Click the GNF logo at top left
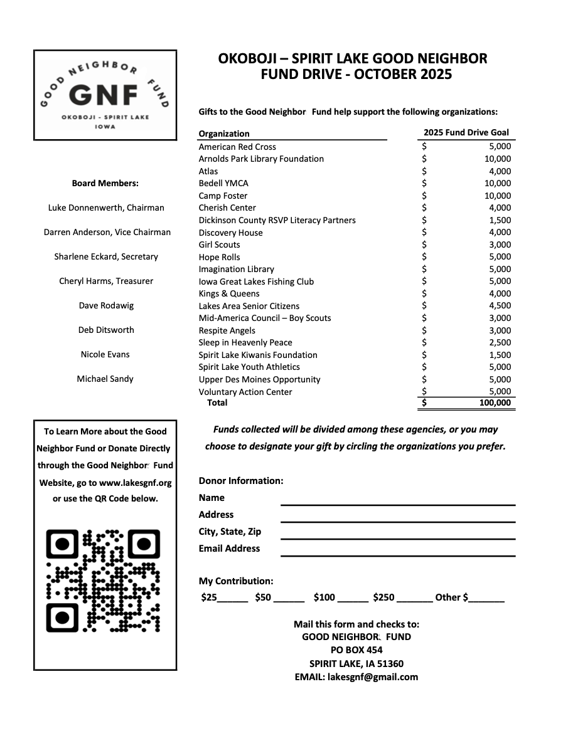[x=105, y=95]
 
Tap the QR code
[x=104, y=580]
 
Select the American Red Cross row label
[x=237, y=147]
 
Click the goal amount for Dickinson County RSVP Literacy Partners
[x=500, y=220]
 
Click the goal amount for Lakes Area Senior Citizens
[x=500, y=306]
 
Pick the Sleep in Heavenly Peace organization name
[x=245, y=342]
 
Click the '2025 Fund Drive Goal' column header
[x=466, y=132]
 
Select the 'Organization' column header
[x=224, y=134]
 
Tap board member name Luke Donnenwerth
[x=106, y=208]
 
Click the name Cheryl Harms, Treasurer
[x=106, y=281]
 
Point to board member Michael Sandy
[x=105, y=379]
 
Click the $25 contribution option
[x=209, y=597]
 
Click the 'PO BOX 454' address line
[x=356, y=650]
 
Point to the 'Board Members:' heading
[x=105, y=183]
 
